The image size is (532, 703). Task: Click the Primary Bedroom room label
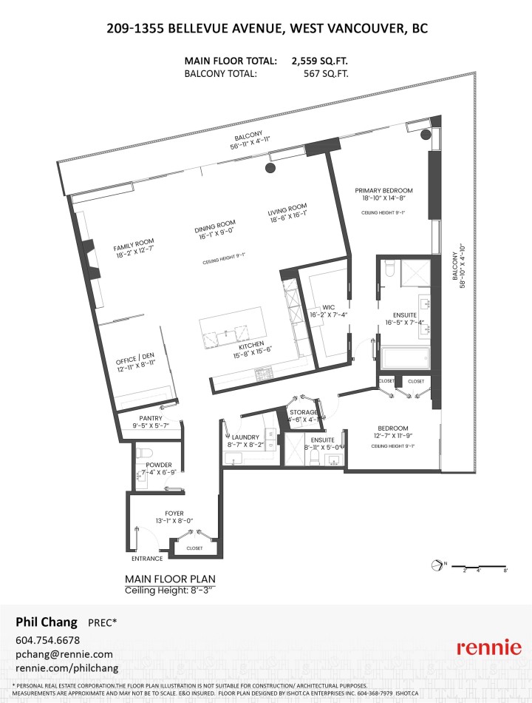tap(383, 190)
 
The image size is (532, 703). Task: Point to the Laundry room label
tap(245, 437)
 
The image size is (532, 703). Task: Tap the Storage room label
tap(304, 412)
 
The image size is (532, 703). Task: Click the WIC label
tap(330, 307)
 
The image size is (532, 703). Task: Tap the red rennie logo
tap(488, 647)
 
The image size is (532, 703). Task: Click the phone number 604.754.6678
tap(47, 639)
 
